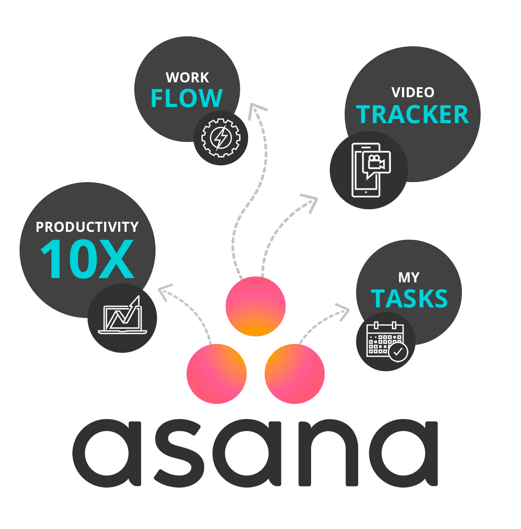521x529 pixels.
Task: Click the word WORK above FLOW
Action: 187,78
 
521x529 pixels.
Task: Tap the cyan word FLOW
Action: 187,98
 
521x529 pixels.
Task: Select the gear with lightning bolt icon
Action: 221,138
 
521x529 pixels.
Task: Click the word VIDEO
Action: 413,93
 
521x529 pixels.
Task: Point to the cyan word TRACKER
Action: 412,115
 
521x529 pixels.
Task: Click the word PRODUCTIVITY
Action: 87,227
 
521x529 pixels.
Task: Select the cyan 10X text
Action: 87,259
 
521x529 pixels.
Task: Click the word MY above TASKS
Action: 409,278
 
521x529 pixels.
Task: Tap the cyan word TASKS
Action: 409,298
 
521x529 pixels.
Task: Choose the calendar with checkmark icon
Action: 386,341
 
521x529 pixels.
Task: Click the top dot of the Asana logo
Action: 256,306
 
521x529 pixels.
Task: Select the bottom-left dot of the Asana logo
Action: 217,374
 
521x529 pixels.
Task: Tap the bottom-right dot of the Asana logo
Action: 294,374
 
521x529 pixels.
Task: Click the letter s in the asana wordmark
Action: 179,453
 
